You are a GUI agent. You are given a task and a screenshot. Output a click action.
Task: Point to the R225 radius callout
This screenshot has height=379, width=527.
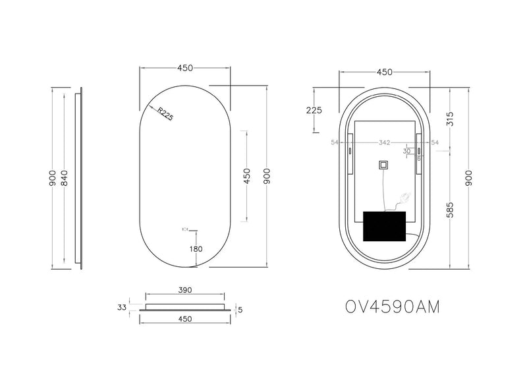coord(165,114)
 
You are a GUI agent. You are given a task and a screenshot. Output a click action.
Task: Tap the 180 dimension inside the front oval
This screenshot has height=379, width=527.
coord(196,248)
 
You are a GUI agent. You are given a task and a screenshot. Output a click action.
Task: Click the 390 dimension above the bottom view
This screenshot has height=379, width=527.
coord(184,289)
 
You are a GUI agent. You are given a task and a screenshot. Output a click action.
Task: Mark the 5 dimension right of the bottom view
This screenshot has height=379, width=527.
coord(240,308)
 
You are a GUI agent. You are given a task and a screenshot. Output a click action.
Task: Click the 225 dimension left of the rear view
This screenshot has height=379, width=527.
coord(315,110)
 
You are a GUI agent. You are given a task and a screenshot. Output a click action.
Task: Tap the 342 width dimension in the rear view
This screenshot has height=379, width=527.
coord(385,142)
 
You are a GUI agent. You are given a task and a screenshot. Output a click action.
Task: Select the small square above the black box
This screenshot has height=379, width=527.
coord(383,165)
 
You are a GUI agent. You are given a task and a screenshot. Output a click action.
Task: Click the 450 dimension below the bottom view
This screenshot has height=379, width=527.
coord(184,318)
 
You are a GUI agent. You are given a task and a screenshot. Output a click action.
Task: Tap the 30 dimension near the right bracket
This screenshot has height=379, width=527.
coord(407,151)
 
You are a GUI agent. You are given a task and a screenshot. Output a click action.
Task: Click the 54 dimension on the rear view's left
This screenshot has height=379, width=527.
coord(334,142)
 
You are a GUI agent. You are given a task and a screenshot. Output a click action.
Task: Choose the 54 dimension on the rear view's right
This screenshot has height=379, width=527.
coord(434,142)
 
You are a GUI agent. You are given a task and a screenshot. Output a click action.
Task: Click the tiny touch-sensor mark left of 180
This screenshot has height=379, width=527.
coord(184,229)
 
